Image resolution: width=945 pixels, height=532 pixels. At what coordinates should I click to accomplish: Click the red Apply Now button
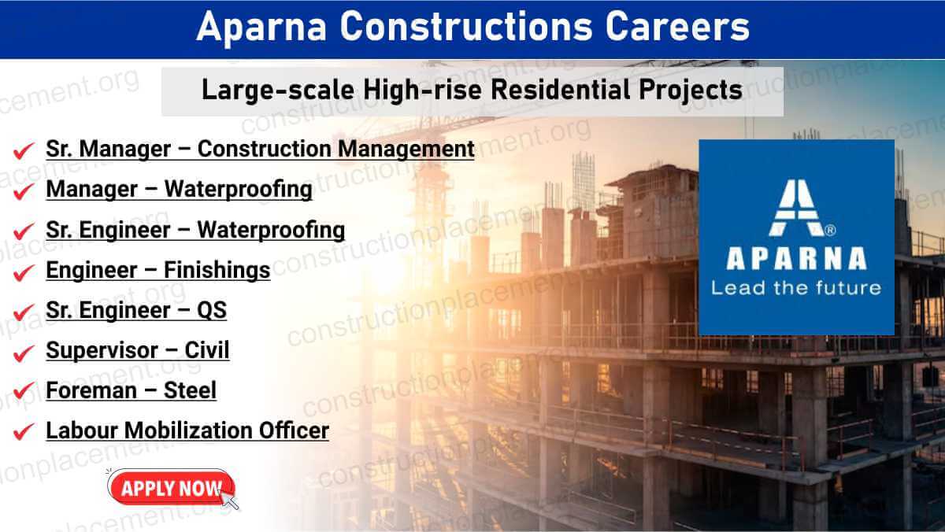[x=169, y=488]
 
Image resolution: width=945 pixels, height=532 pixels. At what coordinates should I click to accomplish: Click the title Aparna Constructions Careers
[x=472, y=28]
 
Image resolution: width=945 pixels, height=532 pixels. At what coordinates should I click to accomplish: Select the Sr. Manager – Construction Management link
[x=260, y=149]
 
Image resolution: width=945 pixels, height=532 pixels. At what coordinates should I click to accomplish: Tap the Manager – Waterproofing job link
[x=179, y=190]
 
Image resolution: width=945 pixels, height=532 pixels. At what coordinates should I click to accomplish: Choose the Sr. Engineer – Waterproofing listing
[x=195, y=230]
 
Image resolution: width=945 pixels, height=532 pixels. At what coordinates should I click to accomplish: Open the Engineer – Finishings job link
[x=157, y=270]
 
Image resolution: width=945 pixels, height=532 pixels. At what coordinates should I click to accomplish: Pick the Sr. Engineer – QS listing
[x=136, y=310]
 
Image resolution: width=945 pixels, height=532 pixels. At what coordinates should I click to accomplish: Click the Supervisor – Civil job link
[x=138, y=350]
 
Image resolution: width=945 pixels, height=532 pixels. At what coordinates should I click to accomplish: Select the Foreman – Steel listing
[x=131, y=390]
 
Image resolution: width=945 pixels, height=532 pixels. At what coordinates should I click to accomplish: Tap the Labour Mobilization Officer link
[x=187, y=430]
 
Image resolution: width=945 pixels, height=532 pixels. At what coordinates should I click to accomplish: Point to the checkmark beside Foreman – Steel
[x=24, y=391]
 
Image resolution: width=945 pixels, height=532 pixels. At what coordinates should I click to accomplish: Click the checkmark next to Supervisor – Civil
[x=24, y=351]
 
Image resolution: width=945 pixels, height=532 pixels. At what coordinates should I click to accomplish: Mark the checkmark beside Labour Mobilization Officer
[x=24, y=431]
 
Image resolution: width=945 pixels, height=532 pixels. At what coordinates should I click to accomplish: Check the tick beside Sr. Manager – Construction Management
[x=24, y=150]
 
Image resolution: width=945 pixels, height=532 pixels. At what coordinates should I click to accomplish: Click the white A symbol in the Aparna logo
[x=795, y=207]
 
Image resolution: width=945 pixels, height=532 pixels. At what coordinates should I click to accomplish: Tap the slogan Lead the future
[x=795, y=287]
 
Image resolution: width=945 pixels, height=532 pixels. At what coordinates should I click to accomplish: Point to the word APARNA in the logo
[x=795, y=258]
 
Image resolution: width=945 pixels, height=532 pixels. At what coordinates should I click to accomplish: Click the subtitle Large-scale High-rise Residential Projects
[x=472, y=90]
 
